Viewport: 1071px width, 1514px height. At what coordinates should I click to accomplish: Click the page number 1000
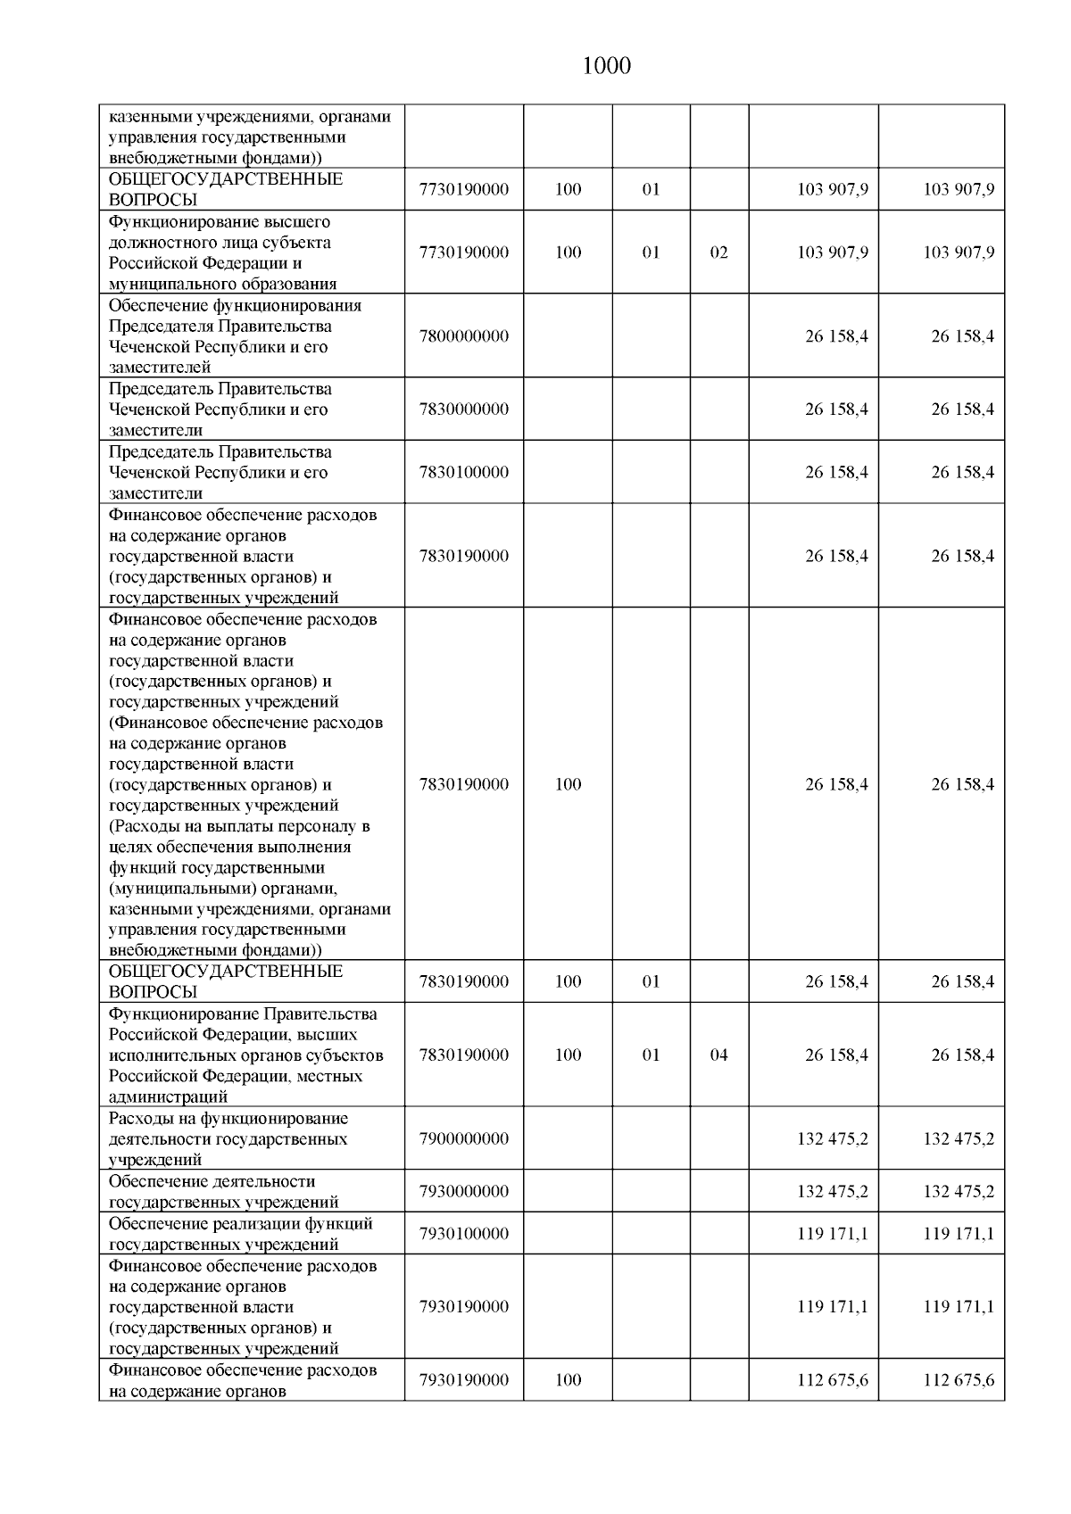606,66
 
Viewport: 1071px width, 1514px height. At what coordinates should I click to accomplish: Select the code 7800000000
464,336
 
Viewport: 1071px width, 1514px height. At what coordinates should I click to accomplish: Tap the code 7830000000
464,410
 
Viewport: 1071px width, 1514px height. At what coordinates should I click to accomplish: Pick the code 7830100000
464,472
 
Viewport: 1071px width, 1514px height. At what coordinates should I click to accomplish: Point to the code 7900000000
464,1138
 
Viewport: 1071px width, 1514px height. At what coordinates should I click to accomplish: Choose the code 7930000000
464,1191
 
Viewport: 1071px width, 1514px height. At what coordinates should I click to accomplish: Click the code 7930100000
464,1233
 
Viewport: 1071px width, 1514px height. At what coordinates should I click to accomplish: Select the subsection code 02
718,252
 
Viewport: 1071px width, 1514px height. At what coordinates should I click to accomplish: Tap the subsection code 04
718,1055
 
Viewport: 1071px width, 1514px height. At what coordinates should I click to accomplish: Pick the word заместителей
160,368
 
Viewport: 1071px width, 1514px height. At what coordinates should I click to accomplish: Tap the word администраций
168,1097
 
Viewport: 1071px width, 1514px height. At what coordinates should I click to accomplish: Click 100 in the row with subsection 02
568,252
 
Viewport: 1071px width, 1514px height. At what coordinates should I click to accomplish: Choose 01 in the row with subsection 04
652,1055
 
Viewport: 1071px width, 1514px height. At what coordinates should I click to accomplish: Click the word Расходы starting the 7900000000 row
138,1119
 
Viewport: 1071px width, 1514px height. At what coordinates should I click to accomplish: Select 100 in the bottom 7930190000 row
568,1379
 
